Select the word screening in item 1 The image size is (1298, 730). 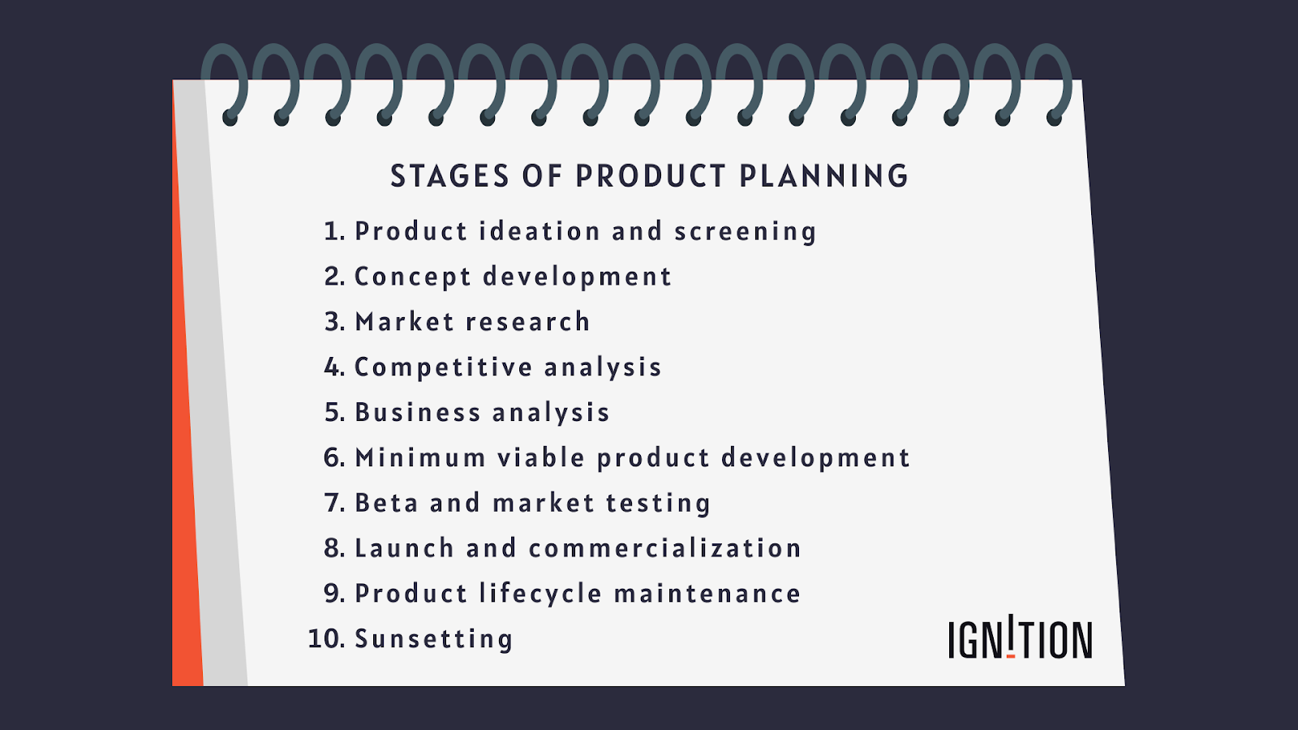tap(745, 232)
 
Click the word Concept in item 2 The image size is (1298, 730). tap(412, 277)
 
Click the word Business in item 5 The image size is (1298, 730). tap(418, 413)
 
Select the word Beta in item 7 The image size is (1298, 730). tap(386, 503)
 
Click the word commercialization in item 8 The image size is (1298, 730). tap(664, 548)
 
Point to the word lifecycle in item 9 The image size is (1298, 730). tap(540, 594)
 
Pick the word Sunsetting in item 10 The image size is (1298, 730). tap(434, 639)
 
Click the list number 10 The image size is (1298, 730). tap(326, 639)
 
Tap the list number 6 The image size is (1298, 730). tap(333, 458)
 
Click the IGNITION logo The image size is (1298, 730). tap(1020, 639)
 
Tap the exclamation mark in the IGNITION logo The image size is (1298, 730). tap(1011, 635)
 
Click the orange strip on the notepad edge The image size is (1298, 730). tap(187, 487)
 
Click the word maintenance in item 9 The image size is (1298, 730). tap(707, 594)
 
